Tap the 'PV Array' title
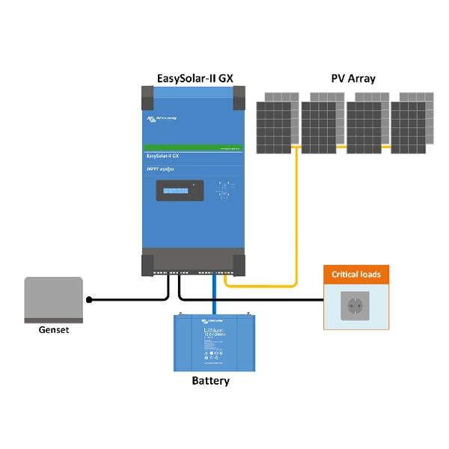pos(353,78)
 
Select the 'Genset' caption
pos(53,329)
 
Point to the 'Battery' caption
pos(210,381)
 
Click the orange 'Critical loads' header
pos(356,275)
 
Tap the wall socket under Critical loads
pos(356,305)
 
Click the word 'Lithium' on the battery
pos(216,330)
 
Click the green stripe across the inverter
pos(193,147)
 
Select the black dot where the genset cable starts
pos(89,299)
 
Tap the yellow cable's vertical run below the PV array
pos(297,217)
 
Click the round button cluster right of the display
pos(222,190)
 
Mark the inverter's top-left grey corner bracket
pos(147,96)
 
